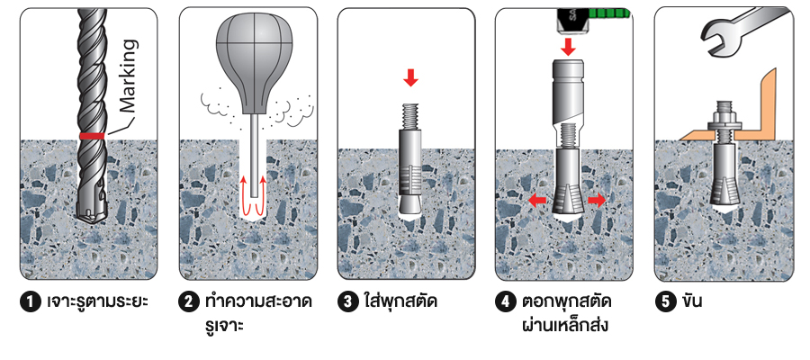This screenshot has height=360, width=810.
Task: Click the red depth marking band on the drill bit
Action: point(93,136)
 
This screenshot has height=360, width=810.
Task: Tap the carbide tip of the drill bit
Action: point(91,215)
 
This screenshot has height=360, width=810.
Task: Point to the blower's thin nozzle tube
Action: point(253,155)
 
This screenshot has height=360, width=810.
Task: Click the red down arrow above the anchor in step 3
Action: point(411,78)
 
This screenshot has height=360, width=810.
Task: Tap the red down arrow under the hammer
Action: point(568,48)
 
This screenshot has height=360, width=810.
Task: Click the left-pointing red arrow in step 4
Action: point(537,201)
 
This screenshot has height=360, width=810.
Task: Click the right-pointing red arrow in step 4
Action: point(597,201)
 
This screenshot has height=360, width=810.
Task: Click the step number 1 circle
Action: point(30,302)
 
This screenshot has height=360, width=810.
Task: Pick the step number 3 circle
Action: point(347,302)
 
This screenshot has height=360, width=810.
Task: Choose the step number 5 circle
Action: point(664,302)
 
